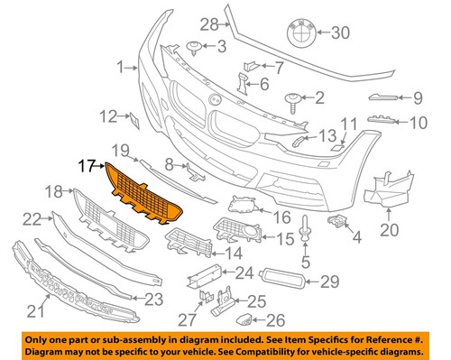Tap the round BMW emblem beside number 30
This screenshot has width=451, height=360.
(x=307, y=33)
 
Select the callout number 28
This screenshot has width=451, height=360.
(x=209, y=23)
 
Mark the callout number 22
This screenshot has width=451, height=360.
(x=32, y=217)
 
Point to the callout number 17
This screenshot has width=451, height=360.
(x=87, y=165)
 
